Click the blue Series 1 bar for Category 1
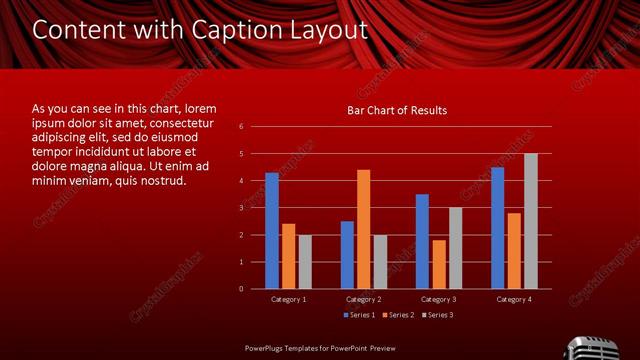(272, 231)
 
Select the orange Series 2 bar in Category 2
(363, 229)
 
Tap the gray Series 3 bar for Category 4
(531, 221)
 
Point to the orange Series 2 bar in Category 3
(439, 264)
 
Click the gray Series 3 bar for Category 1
(305, 262)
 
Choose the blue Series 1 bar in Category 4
(498, 228)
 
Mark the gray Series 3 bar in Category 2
(380, 262)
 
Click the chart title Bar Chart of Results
(397, 110)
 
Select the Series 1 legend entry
(361, 315)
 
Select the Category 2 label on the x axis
(363, 299)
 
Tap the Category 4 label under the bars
(514, 299)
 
